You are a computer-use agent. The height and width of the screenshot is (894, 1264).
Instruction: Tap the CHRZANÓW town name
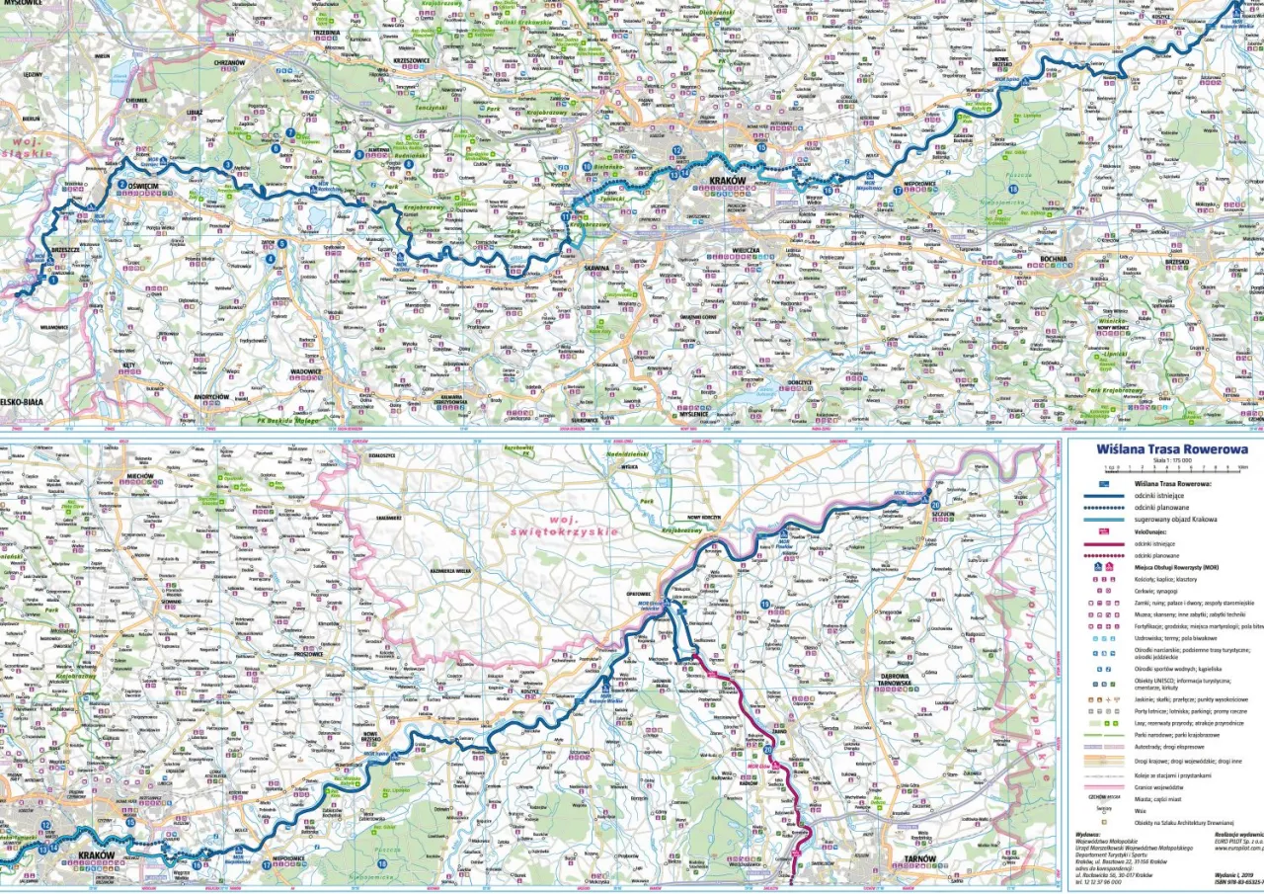click(228, 61)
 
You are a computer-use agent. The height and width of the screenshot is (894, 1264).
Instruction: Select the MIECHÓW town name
click(138, 475)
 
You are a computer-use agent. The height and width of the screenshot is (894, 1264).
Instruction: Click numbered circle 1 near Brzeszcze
click(51, 280)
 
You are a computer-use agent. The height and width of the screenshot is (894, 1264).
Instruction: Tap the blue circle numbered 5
click(282, 243)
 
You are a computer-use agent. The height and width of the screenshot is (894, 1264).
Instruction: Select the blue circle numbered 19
click(765, 605)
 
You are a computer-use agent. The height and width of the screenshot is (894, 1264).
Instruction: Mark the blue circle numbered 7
click(290, 132)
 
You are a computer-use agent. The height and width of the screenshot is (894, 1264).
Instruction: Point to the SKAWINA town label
click(597, 268)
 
